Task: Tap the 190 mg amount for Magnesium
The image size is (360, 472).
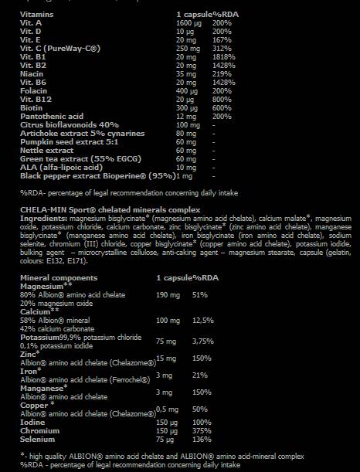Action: (x=168, y=294)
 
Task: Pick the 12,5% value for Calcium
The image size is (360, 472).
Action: (x=203, y=319)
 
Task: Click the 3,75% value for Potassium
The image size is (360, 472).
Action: (x=203, y=340)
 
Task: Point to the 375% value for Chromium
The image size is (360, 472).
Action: (x=202, y=430)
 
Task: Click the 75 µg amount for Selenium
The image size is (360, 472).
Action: (x=165, y=439)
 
